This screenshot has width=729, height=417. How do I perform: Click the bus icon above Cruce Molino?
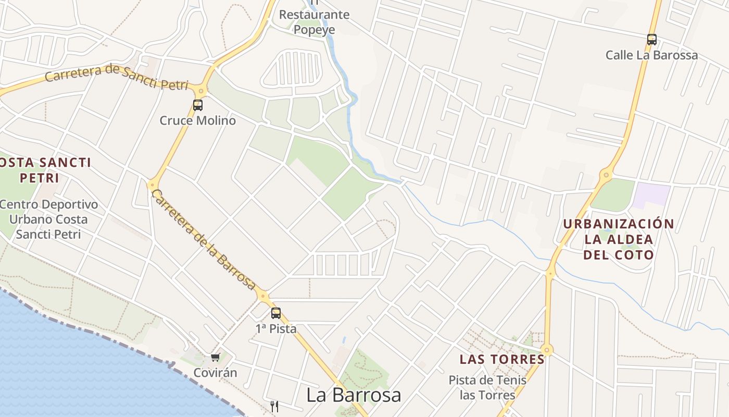click(198, 105)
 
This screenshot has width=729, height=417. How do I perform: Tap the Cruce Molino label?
click(198, 120)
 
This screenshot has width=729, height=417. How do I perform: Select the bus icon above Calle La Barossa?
click(651, 39)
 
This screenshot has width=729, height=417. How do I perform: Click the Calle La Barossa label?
click(651, 55)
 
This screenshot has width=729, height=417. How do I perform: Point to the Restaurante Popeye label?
click(314, 22)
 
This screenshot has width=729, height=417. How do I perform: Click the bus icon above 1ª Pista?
click(276, 313)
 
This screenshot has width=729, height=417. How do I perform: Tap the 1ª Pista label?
click(276, 329)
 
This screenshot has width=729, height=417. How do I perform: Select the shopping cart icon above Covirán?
click(215, 357)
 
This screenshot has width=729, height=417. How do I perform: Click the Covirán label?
click(215, 373)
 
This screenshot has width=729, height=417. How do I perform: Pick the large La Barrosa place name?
click(354, 395)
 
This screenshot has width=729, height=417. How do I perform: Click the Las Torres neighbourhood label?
click(502, 359)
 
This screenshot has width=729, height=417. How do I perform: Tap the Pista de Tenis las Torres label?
click(487, 387)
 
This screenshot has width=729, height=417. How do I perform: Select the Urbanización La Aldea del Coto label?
click(619, 239)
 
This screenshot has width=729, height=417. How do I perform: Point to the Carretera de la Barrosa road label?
click(204, 240)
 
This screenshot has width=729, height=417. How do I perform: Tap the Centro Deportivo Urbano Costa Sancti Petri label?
click(48, 219)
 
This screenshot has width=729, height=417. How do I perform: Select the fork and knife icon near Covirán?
click(274, 407)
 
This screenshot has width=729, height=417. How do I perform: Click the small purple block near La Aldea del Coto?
click(651, 194)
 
